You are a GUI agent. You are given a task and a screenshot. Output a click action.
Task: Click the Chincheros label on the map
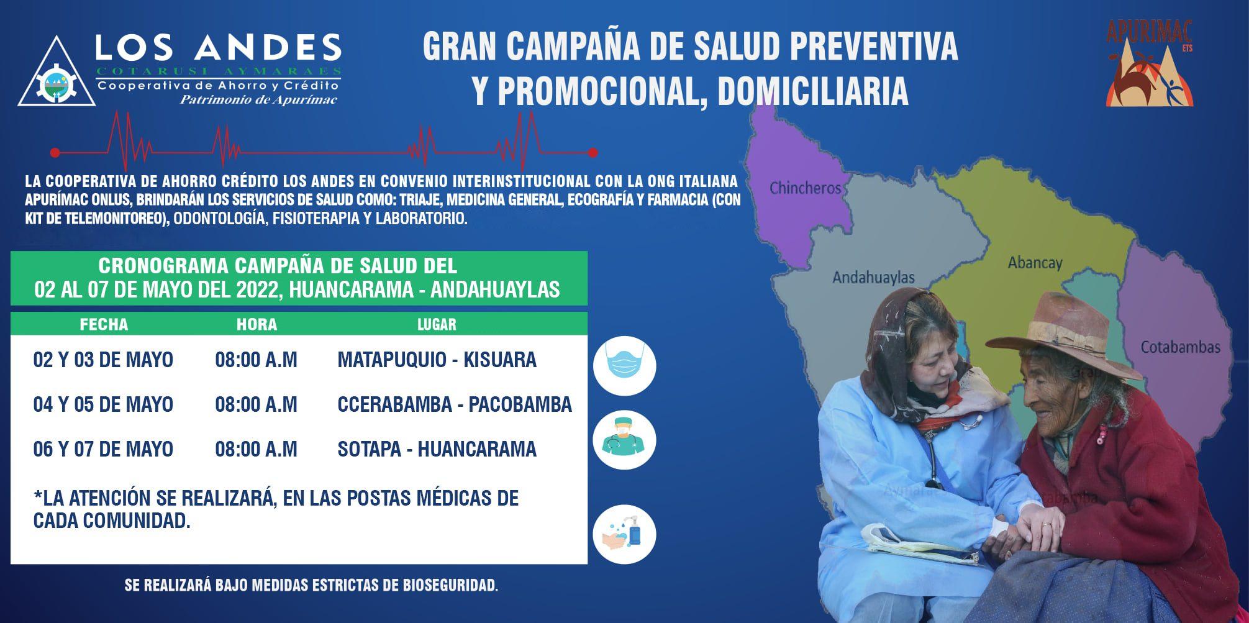click(x=805, y=187)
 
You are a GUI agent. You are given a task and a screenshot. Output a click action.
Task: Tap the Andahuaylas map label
click(x=873, y=277)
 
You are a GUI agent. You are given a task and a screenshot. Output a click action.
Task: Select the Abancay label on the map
click(x=1035, y=263)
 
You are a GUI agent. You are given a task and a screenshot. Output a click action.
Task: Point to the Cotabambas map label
click(x=1180, y=347)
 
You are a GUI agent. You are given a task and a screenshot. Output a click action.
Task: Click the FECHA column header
click(x=104, y=324)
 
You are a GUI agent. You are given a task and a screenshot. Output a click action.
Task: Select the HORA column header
click(x=257, y=324)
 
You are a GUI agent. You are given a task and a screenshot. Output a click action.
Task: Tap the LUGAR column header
click(x=437, y=324)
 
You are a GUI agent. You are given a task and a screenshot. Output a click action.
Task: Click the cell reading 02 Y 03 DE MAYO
click(x=103, y=360)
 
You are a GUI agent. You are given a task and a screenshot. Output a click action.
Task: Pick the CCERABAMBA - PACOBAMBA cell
click(x=455, y=404)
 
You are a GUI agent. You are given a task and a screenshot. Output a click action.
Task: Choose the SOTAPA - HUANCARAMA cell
click(x=437, y=449)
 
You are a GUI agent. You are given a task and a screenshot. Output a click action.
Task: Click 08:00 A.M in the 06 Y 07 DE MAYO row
click(x=256, y=449)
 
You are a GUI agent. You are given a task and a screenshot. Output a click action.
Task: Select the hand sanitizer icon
click(x=624, y=534)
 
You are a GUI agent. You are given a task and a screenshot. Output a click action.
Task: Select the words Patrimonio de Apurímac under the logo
click(x=258, y=99)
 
